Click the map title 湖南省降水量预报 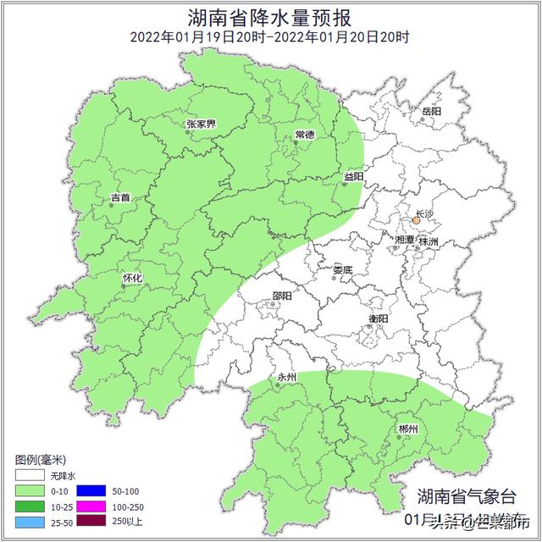point(270,17)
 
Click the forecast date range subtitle point(270,37)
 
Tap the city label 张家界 point(201,124)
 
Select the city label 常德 point(304,135)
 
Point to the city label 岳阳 point(431,111)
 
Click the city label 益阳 point(353,176)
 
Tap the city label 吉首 point(120,198)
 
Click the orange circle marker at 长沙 point(417,221)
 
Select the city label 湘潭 point(404,241)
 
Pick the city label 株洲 point(429,241)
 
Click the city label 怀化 point(132,277)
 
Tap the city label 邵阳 point(282,296)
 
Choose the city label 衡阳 point(379,318)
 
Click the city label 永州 point(287,377)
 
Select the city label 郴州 point(408,429)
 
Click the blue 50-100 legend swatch point(90,490)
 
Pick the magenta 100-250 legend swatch point(90,506)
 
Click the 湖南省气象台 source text point(465,497)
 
